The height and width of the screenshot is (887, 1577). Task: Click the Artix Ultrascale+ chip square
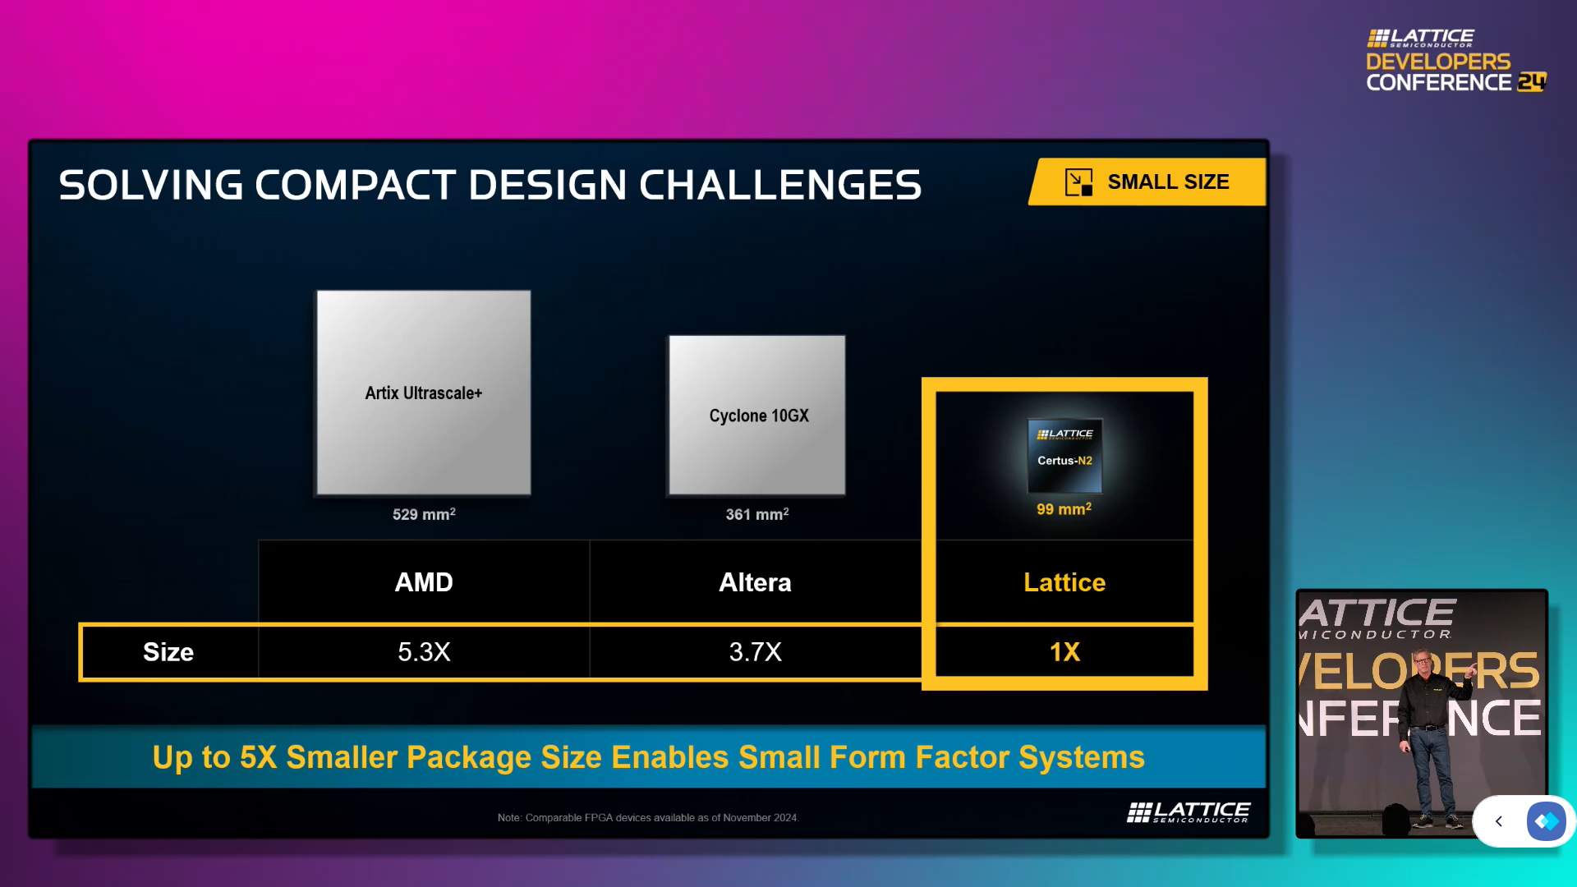point(424,393)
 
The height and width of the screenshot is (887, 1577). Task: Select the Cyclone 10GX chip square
point(756,415)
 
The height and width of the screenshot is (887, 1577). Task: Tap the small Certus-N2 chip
point(1064,456)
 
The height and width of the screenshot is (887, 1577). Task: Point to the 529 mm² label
point(424,514)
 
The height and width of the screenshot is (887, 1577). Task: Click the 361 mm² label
point(756,514)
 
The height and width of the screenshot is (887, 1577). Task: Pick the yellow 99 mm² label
point(1064,509)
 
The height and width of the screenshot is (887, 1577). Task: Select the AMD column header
point(424,582)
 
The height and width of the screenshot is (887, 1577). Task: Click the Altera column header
point(755,582)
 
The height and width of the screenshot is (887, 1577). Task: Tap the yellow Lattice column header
point(1064,582)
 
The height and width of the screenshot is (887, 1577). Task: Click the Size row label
point(168,652)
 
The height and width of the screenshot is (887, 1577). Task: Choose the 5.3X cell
point(424,652)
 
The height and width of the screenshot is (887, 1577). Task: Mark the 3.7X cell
point(755,652)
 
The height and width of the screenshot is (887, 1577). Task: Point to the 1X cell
point(1064,652)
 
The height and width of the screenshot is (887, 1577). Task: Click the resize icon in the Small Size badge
point(1078,182)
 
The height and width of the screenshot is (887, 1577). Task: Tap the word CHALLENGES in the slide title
point(780,185)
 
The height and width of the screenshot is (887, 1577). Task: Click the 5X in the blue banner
point(258,757)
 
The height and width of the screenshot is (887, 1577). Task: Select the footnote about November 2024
point(648,818)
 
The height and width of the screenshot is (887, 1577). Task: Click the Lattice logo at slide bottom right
point(1188,812)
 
